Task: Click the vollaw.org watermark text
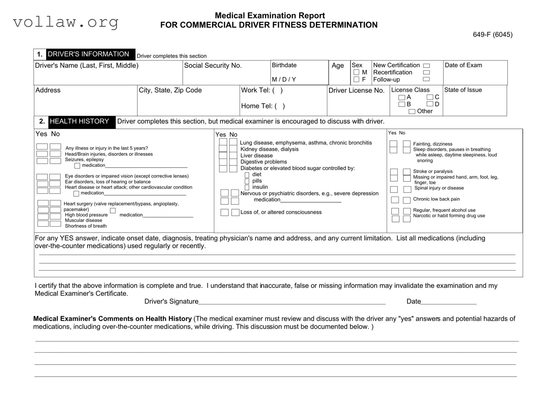click(65, 22)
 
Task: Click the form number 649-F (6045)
click(492, 35)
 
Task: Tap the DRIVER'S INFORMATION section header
click(88, 54)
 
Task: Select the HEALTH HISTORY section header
click(79, 121)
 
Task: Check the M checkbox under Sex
click(356, 72)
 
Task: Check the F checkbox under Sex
click(356, 79)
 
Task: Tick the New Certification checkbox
click(426, 66)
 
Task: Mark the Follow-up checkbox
click(426, 79)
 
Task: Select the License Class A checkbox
click(402, 97)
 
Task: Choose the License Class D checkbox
click(430, 104)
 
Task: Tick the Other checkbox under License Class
click(412, 111)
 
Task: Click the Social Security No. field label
click(213, 66)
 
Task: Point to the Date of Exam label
click(463, 65)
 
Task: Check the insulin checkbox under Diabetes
click(247, 188)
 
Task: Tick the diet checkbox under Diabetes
click(247, 175)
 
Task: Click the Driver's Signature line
click(292, 302)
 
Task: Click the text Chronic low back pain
click(436, 199)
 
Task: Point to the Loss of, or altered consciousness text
click(281, 212)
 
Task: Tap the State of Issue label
click(463, 90)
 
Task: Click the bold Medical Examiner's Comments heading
click(112, 319)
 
